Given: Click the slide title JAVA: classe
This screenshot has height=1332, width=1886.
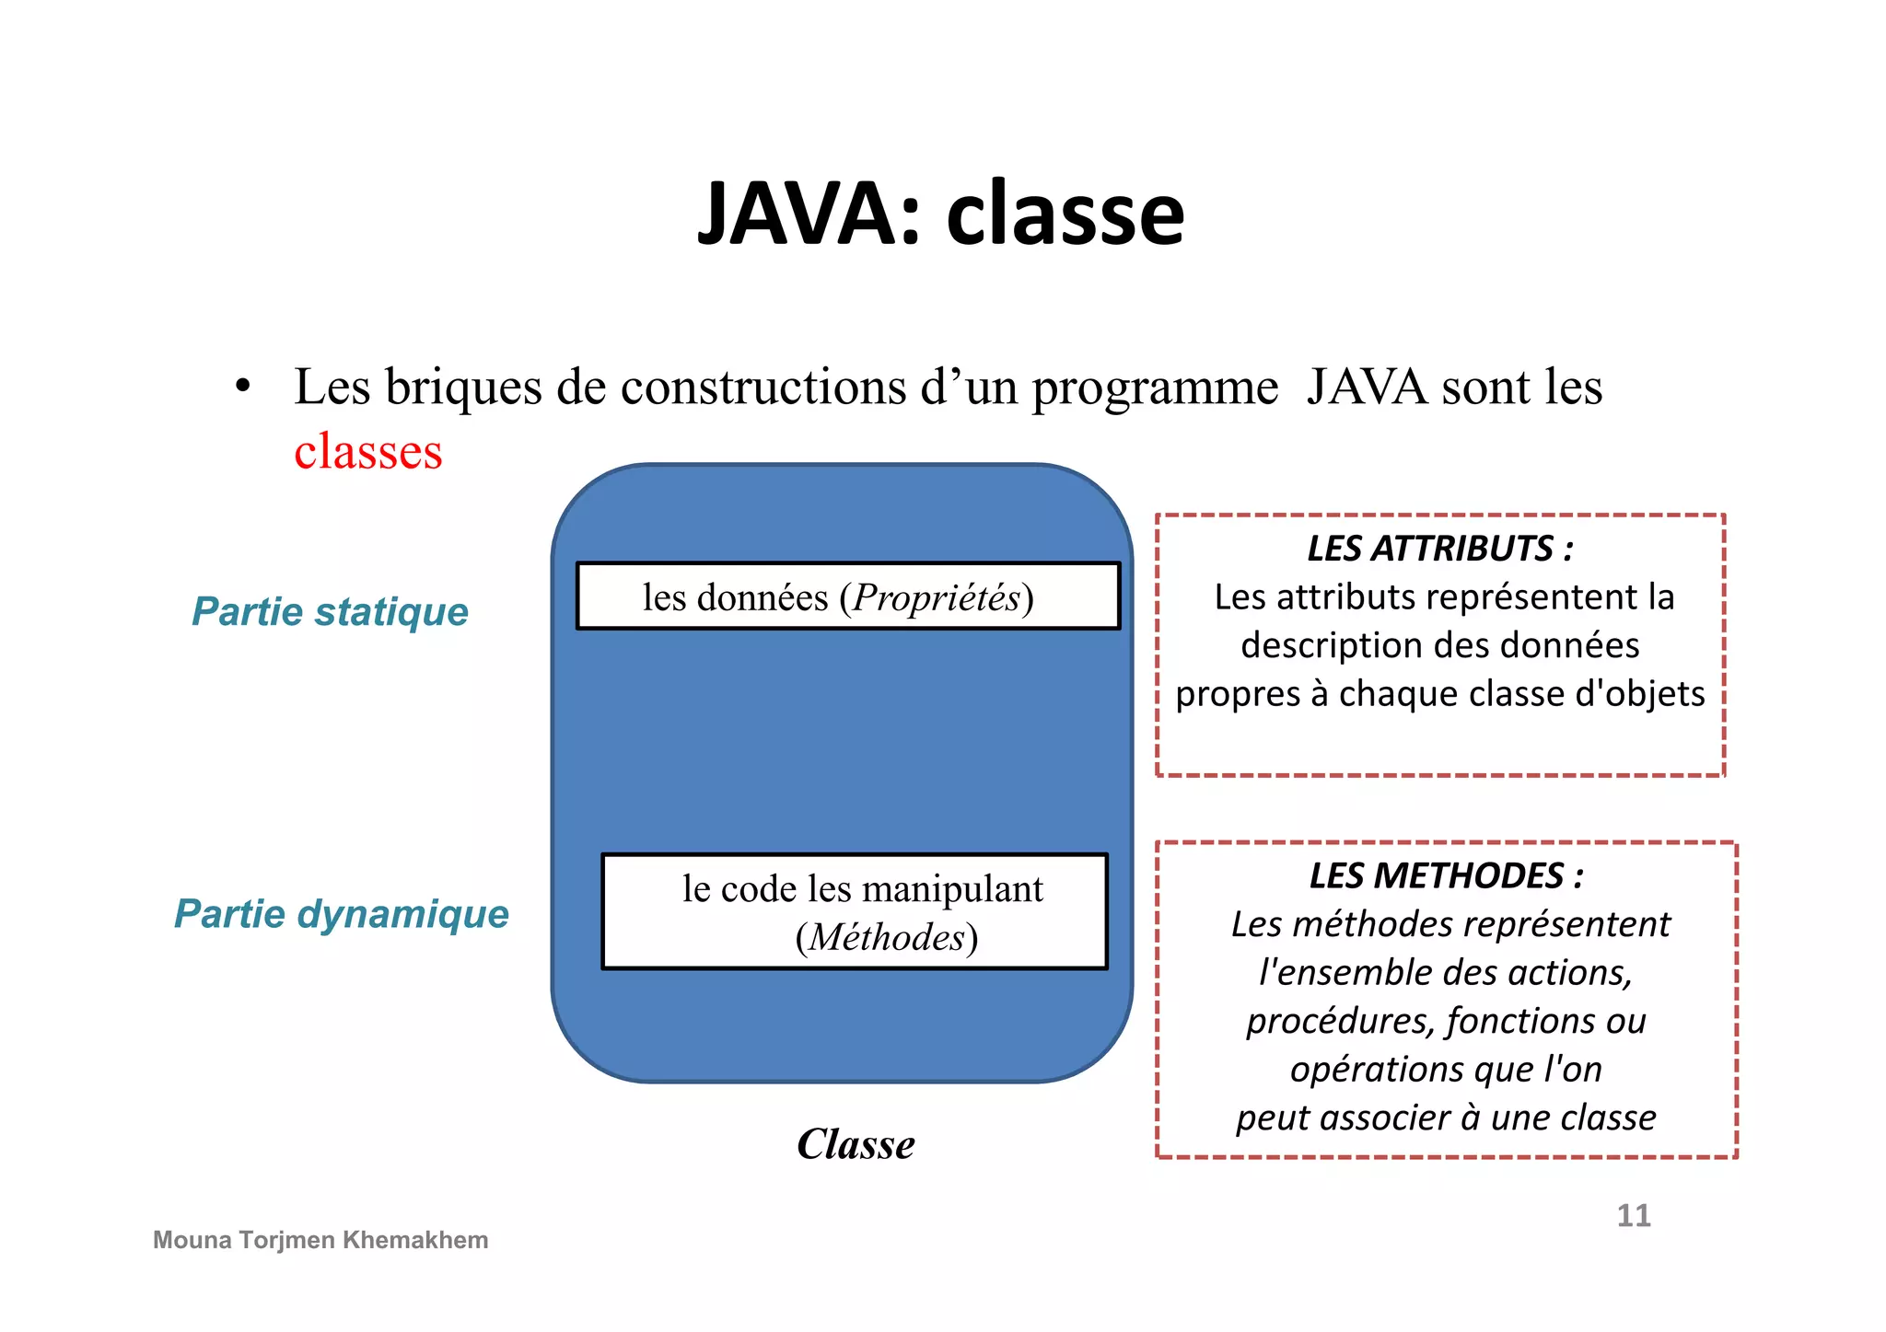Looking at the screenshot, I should point(940,214).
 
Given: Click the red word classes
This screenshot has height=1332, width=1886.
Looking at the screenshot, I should point(368,452).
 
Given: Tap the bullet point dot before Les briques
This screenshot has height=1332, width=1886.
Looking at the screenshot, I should point(242,386).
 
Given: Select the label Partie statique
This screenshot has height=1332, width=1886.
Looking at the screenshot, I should point(330,611).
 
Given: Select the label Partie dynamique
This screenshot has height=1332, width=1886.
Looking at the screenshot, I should point(342,914).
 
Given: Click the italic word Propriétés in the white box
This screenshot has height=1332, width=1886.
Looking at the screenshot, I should point(937,597).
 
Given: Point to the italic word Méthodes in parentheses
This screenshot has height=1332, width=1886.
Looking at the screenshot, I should point(887,937).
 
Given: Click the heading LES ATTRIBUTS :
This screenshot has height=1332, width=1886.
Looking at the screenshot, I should point(1439,549).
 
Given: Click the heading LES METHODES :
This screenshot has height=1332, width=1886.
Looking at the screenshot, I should point(1446,875).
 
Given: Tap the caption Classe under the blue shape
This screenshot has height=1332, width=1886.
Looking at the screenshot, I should point(856,1144).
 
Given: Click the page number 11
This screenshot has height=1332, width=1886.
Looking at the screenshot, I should point(1634,1215).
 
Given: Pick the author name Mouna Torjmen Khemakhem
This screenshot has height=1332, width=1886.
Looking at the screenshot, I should point(320,1240).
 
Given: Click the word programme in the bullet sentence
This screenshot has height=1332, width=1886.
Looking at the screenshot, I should point(1155,387).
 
